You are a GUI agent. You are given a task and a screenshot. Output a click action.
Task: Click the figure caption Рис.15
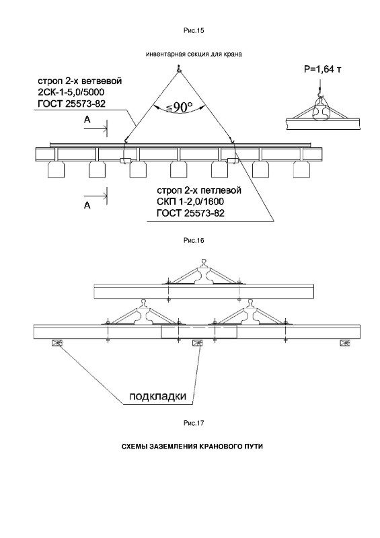(x=194, y=30)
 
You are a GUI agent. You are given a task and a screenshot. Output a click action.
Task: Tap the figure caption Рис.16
(x=194, y=240)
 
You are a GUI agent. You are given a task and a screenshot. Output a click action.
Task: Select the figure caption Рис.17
(x=194, y=423)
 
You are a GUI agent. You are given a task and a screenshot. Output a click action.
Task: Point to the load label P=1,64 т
(x=323, y=69)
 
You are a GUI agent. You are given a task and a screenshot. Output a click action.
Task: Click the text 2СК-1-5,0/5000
(x=71, y=93)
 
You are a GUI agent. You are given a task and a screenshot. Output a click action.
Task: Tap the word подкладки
(x=158, y=396)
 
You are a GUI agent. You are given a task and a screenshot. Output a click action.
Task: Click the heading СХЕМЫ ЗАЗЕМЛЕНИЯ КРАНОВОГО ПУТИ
(x=192, y=447)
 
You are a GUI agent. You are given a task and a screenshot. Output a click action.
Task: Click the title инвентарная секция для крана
(x=194, y=54)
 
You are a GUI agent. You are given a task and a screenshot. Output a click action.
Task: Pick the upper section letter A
(x=87, y=120)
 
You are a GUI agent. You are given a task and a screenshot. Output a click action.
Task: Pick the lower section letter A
(x=87, y=206)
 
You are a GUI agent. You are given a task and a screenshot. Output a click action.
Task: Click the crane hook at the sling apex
(x=178, y=69)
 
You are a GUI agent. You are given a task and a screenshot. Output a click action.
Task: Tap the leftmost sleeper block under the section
(x=56, y=169)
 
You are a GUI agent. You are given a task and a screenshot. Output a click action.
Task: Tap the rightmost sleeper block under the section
(x=302, y=169)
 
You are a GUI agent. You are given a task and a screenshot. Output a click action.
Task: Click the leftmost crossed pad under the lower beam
(x=56, y=343)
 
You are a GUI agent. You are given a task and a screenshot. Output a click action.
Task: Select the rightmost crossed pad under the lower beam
(x=344, y=343)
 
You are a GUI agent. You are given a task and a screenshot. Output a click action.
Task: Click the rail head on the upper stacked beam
(x=204, y=262)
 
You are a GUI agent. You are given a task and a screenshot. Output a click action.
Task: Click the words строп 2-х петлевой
(x=199, y=190)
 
